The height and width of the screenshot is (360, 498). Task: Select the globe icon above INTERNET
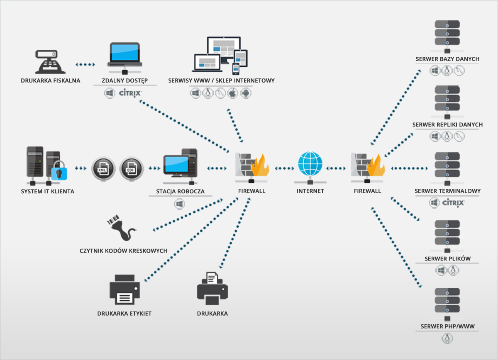(310, 165)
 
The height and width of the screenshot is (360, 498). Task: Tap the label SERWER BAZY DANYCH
(447, 59)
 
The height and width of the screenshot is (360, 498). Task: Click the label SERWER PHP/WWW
(447, 326)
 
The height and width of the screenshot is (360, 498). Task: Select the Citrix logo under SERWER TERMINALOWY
(453, 203)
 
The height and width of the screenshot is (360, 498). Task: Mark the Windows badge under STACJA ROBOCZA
(179, 204)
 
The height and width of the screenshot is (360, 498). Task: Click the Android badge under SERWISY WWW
(246, 93)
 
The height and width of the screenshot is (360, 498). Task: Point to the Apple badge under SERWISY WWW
(233, 93)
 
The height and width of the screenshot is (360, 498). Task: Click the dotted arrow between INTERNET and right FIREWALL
(337, 168)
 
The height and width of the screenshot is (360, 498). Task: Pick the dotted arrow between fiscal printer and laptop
(85, 65)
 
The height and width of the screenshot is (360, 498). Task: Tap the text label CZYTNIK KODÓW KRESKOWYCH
(124, 251)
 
